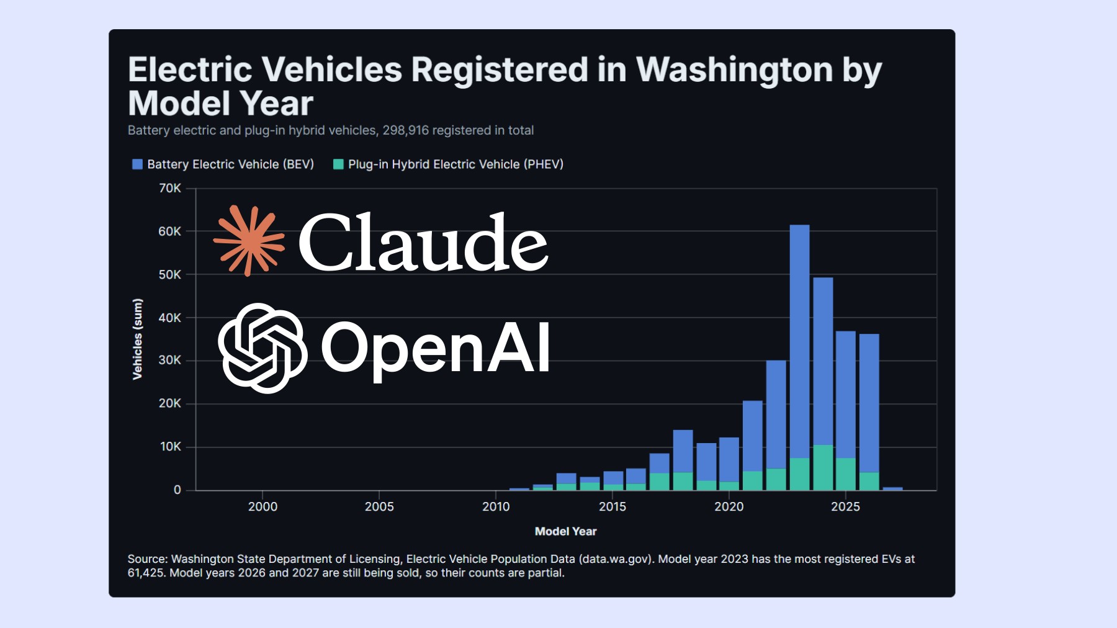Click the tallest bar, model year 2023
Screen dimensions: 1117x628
(799, 357)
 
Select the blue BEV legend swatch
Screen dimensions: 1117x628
(138, 164)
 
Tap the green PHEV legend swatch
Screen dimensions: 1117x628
(338, 164)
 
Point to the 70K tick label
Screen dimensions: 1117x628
(170, 188)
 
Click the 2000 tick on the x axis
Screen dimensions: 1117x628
(262, 506)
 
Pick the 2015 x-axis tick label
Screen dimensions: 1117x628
(612, 506)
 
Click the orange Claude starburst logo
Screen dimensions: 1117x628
(249, 240)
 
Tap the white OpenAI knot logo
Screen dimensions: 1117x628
(262, 348)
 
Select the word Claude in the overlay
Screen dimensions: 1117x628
(423, 241)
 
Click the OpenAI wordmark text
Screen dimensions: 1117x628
(435, 349)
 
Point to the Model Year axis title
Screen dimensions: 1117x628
(565, 531)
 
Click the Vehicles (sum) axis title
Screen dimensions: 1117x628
(137, 339)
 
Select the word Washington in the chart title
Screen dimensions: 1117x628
(734, 70)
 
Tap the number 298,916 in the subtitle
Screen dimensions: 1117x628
(406, 130)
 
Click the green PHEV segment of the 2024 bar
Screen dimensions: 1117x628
(823, 467)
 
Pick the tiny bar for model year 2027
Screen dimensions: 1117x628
(893, 489)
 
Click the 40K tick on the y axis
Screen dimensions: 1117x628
(170, 318)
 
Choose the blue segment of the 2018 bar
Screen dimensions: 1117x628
(683, 451)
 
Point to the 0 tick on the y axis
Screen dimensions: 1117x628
(177, 490)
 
